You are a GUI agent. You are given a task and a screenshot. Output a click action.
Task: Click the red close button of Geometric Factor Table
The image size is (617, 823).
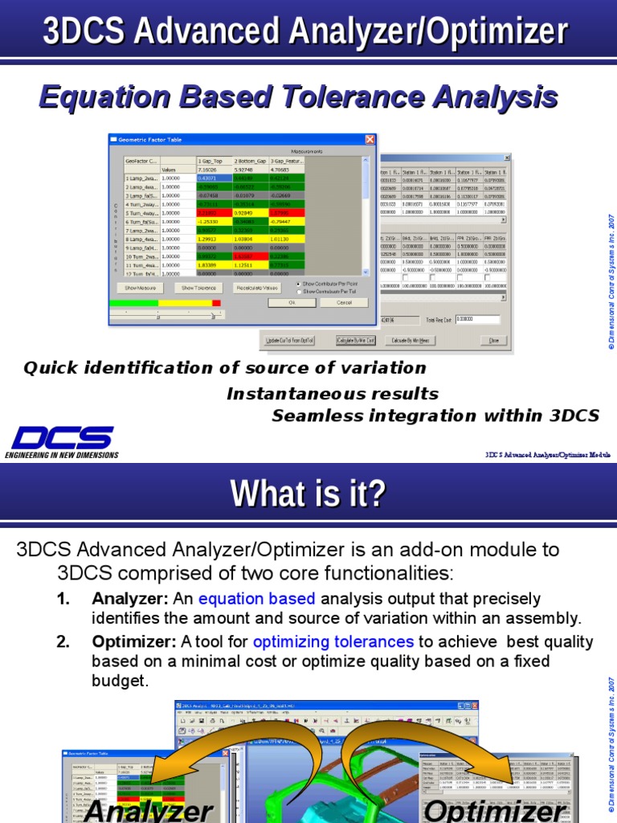[x=370, y=140]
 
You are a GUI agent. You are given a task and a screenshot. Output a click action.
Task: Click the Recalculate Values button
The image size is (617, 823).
[x=258, y=288]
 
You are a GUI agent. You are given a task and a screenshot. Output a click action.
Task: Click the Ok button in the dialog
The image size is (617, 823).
[x=291, y=302]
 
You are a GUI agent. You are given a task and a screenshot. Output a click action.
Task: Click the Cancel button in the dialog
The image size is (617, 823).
[x=344, y=302]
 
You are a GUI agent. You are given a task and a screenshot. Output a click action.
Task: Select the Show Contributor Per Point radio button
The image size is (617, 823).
[x=300, y=285]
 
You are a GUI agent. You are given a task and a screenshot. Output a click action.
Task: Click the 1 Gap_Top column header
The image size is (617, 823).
[x=214, y=161]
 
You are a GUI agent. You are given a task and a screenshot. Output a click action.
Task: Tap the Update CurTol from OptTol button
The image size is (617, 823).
[x=289, y=341]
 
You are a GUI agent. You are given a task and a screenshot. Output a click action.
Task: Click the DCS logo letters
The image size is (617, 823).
[x=62, y=438]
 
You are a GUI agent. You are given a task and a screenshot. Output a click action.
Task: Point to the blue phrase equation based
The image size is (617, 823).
[x=256, y=599]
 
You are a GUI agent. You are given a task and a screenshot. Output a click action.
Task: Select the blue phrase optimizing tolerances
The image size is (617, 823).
[x=333, y=641]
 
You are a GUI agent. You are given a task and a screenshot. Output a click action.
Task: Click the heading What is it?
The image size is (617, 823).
[x=308, y=493]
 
